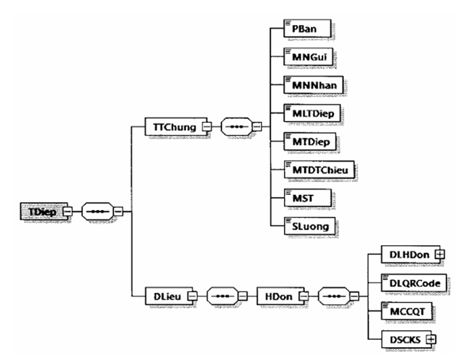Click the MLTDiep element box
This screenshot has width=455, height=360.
(306, 114)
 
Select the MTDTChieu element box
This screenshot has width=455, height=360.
(311, 168)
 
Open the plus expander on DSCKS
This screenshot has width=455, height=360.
(430, 336)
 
